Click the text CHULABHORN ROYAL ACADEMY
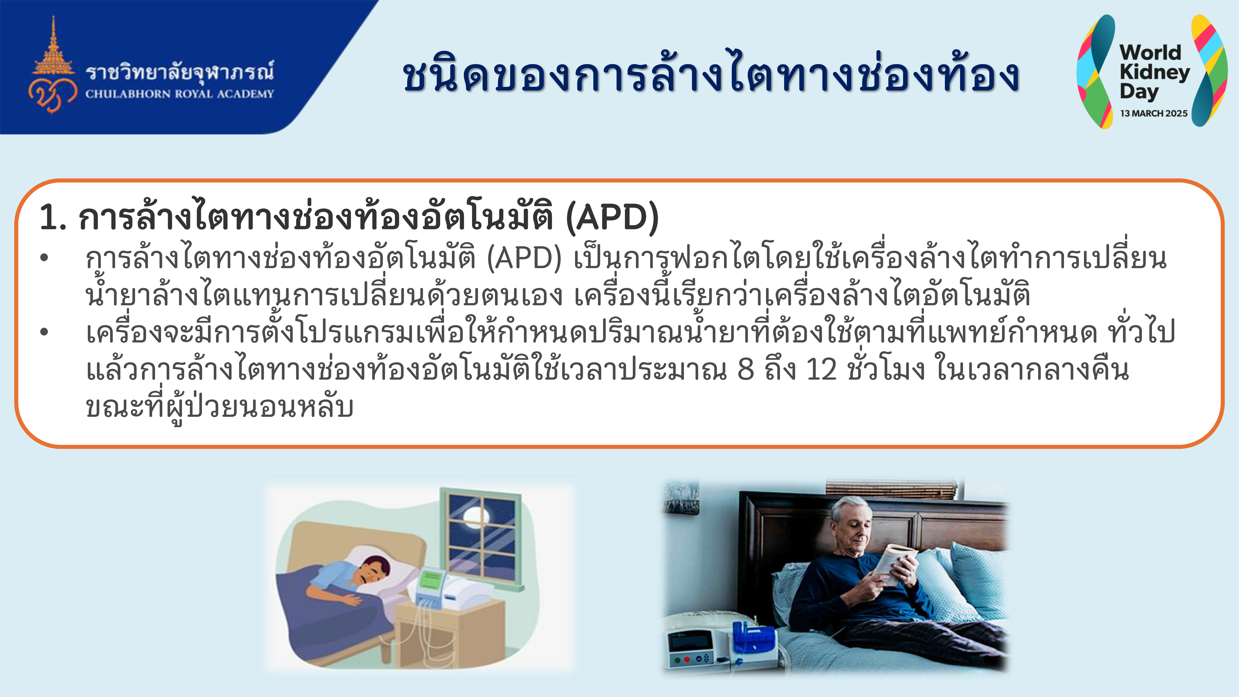[x=179, y=94]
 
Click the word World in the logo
[x=1150, y=52]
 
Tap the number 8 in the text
[x=746, y=369]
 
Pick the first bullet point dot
[x=44, y=258]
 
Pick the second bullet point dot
[x=44, y=332]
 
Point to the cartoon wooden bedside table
[x=450, y=635]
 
